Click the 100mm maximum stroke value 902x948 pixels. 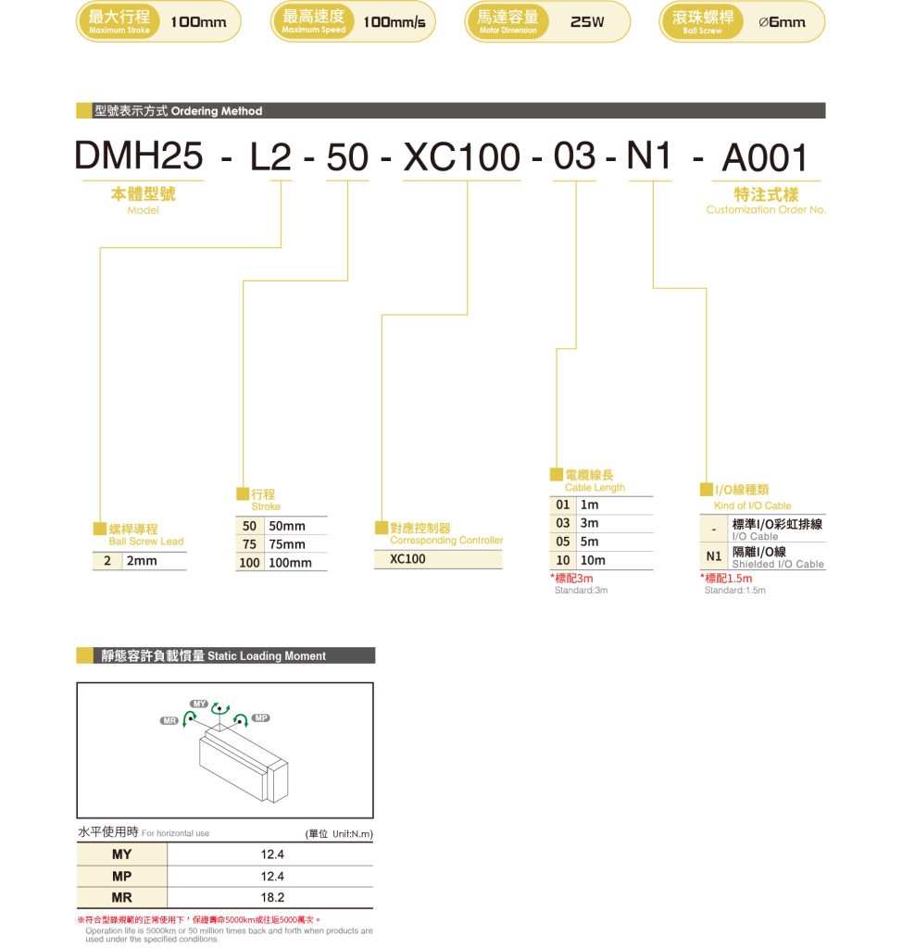pyautogui.click(x=198, y=22)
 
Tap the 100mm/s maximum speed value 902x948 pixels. pyautogui.click(x=395, y=22)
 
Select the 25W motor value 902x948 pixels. pyautogui.click(x=587, y=22)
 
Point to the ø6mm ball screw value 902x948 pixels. pyautogui.click(x=782, y=22)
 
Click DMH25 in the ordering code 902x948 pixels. pyautogui.click(x=139, y=157)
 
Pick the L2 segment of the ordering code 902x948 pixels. pyautogui.click(x=270, y=157)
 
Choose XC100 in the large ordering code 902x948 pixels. pyautogui.click(x=462, y=157)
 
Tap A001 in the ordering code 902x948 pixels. pyautogui.click(x=765, y=157)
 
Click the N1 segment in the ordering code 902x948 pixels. pyautogui.click(x=649, y=157)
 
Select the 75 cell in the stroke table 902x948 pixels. pyautogui.click(x=249, y=544)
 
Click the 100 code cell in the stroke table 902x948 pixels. pyautogui.click(x=249, y=563)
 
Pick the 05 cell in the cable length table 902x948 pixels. pyautogui.click(x=562, y=542)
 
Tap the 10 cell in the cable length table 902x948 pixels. pyautogui.click(x=562, y=560)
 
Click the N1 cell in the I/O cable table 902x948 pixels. pyautogui.click(x=713, y=556)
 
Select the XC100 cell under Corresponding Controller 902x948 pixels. pyautogui.click(x=438, y=559)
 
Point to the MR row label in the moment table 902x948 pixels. pyautogui.click(x=121, y=898)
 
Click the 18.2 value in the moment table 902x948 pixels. pyautogui.click(x=272, y=898)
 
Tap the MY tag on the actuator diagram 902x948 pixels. pyautogui.click(x=198, y=704)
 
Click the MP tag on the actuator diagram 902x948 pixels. pyautogui.click(x=261, y=717)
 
